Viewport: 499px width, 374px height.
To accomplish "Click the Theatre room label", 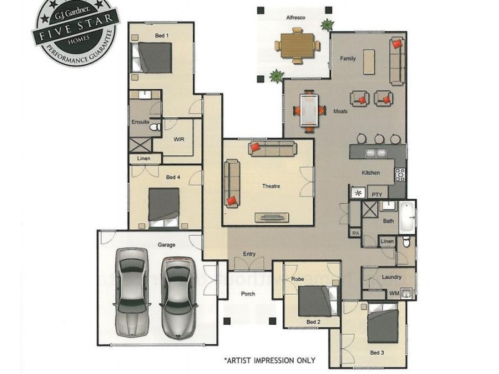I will click(271, 186).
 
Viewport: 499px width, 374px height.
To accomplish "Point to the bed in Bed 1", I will click(154, 57).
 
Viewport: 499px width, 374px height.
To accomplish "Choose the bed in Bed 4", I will click(164, 207).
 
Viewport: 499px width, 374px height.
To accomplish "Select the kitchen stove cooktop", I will click(400, 175).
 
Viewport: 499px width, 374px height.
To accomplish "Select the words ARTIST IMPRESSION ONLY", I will click(269, 360).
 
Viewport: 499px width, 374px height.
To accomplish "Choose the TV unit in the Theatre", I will click(271, 217).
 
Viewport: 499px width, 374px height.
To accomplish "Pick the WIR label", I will click(179, 140).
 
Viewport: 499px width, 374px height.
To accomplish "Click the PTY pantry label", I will click(376, 194).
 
